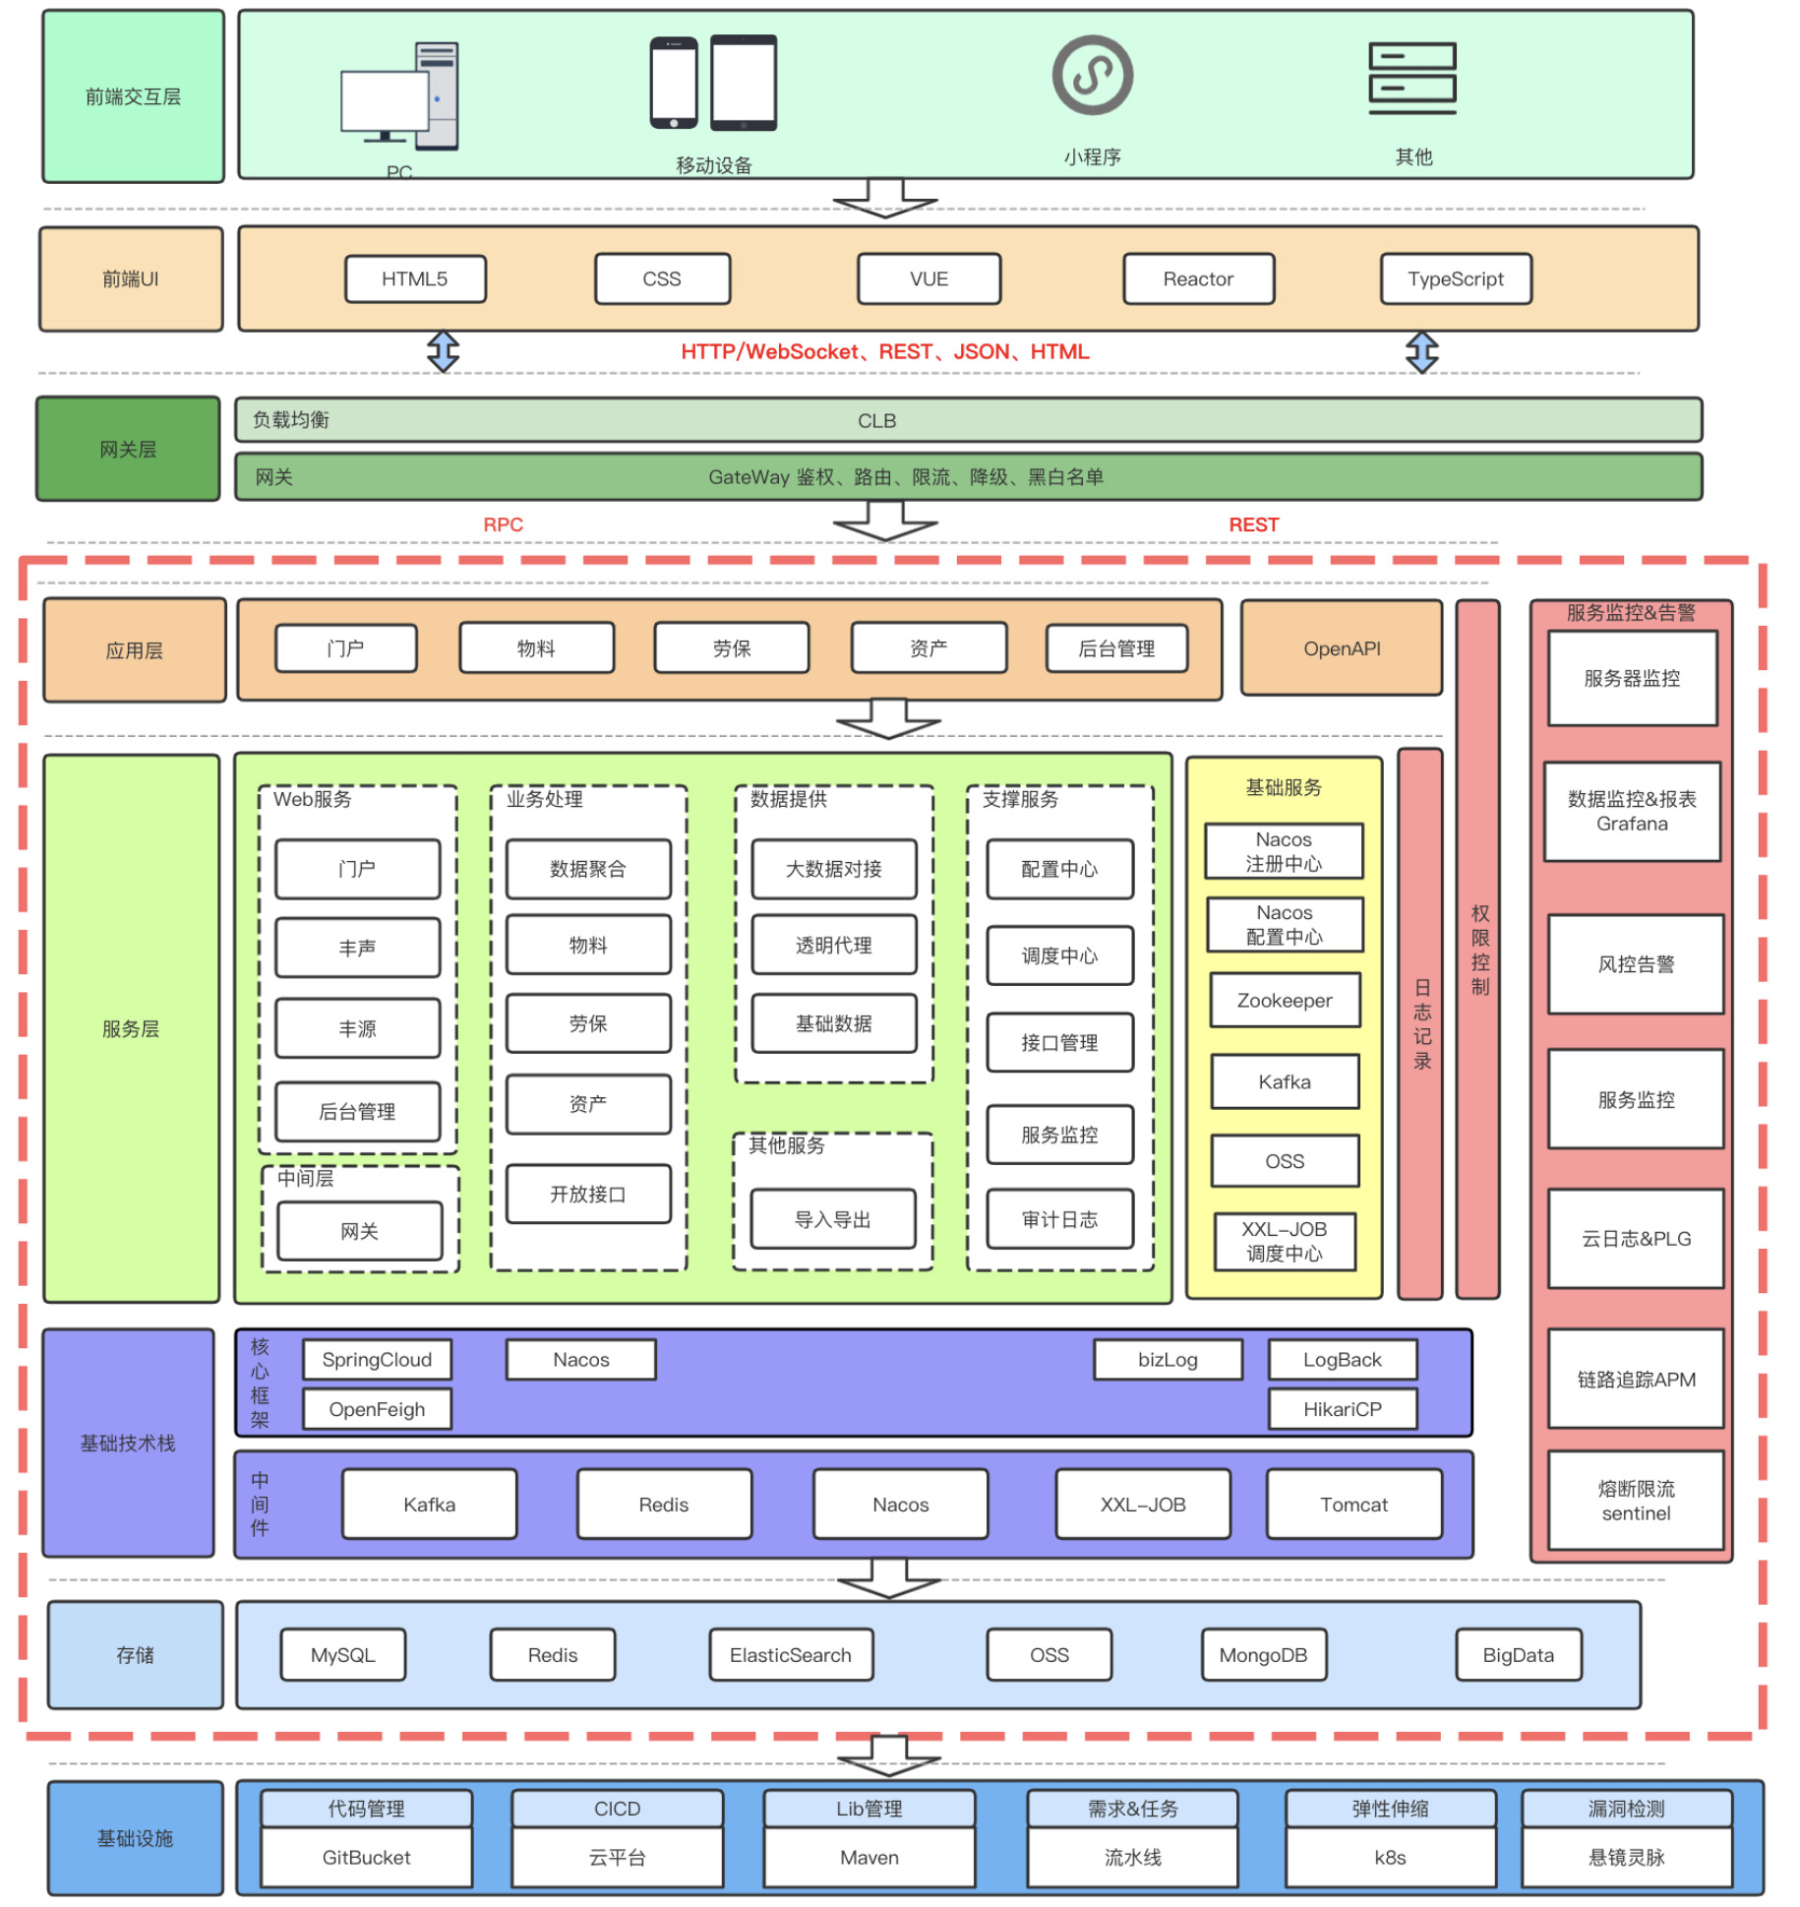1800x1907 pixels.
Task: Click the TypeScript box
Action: pyautogui.click(x=1455, y=278)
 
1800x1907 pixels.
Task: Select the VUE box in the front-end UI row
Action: pyautogui.click(x=929, y=278)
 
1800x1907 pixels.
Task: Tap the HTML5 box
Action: pyautogui.click(x=415, y=278)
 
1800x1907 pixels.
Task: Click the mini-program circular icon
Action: pyautogui.click(x=1092, y=75)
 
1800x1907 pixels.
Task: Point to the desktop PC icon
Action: pyautogui.click(x=399, y=95)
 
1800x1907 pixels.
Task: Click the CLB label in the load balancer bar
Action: pyautogui.click(x=876, y=420)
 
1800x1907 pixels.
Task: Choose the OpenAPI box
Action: pyautogui.click(x=1341, y=648)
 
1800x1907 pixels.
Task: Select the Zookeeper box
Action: pyautogui.click(x=1285, y=1000)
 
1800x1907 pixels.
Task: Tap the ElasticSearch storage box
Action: pyautogui.click(x=791, y=1654)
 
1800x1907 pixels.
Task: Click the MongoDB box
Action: pyautogui.click(x=1263, y=1654)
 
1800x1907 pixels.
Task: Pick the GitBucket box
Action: pyautogui.click(x=366, y=1857)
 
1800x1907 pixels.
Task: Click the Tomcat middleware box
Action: pyautogui.click(x=1353, y=1504)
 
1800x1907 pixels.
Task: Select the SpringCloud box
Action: pyautogui.click(x=377, y=1359)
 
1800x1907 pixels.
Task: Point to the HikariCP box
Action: pyautogui.click(x=1342, y=1409)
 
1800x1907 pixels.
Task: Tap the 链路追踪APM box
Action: pyautogui.click(x=1636, y=1379)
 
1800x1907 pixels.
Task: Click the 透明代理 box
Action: pyautogui.click(x=833, y=945)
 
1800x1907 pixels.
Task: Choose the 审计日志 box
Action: pyautogui.click(x=1059, y=1219)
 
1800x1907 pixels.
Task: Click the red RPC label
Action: pyautogui.click(x=503, y=524)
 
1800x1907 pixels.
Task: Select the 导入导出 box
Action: pyautogui.click(x=832, y=1219)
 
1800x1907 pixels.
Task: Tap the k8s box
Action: pyautogui.click(x=1390, y=1857)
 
